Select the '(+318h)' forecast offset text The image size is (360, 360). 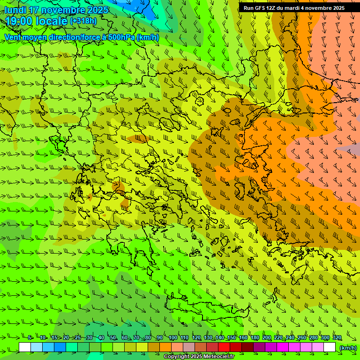coord(83,21)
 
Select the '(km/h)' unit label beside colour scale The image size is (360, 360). coord(347,348)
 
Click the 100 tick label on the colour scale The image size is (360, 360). coord(172,338)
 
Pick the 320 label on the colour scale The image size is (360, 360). coord(337,338)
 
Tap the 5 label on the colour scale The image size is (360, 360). coord(30,338)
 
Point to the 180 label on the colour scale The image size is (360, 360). coord(255,338)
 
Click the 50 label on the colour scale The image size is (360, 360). coord(112,338)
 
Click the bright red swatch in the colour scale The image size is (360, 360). coord(224,347)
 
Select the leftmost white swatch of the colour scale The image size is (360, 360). coord(25,347)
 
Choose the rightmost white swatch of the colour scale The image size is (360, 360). coord(330,347)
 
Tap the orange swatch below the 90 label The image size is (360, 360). coord(165,347)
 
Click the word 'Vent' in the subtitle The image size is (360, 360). coord(13,37)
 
